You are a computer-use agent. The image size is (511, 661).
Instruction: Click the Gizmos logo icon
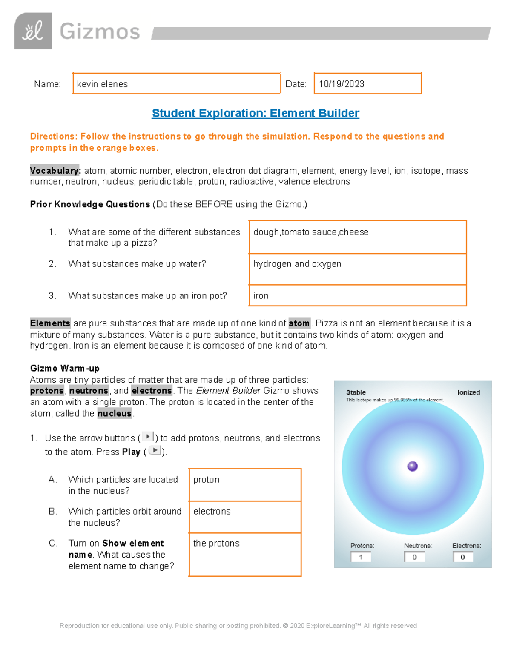[x=33, y=31]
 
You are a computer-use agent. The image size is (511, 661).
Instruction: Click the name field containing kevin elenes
[x=176, y=84]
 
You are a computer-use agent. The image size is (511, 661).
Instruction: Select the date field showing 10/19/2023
[x=367, y=84]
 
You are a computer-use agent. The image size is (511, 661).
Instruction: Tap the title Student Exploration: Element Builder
[x=255, y=113]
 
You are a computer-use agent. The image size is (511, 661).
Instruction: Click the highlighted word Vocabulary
[x=55, y=171]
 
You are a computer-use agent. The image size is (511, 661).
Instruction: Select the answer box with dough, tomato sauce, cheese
[x=358, y=237]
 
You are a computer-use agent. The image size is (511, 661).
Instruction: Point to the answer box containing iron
[x=358, y=295]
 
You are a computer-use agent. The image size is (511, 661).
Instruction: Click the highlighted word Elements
[x=50, y=323]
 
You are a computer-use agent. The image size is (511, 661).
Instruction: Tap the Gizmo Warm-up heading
[x=65, y=368]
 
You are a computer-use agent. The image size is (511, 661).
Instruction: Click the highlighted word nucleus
[x=114, y=413]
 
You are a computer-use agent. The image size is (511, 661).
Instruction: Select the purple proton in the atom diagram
[x=412, y=466]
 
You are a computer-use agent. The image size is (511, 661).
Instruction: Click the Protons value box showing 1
[x=361, y=557]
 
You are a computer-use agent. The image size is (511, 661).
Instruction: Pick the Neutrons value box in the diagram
[x=414, y=557]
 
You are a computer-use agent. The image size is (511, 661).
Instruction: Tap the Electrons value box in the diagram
[x=463, y=557]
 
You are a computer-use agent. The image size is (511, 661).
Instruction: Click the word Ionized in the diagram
[x=468, y=392]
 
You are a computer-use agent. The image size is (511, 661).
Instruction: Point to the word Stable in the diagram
[x=356, y=392]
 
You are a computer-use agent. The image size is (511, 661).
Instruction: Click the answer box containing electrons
[x=245, y=517]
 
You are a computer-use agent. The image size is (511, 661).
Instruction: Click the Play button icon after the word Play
[x=155, y=451]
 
